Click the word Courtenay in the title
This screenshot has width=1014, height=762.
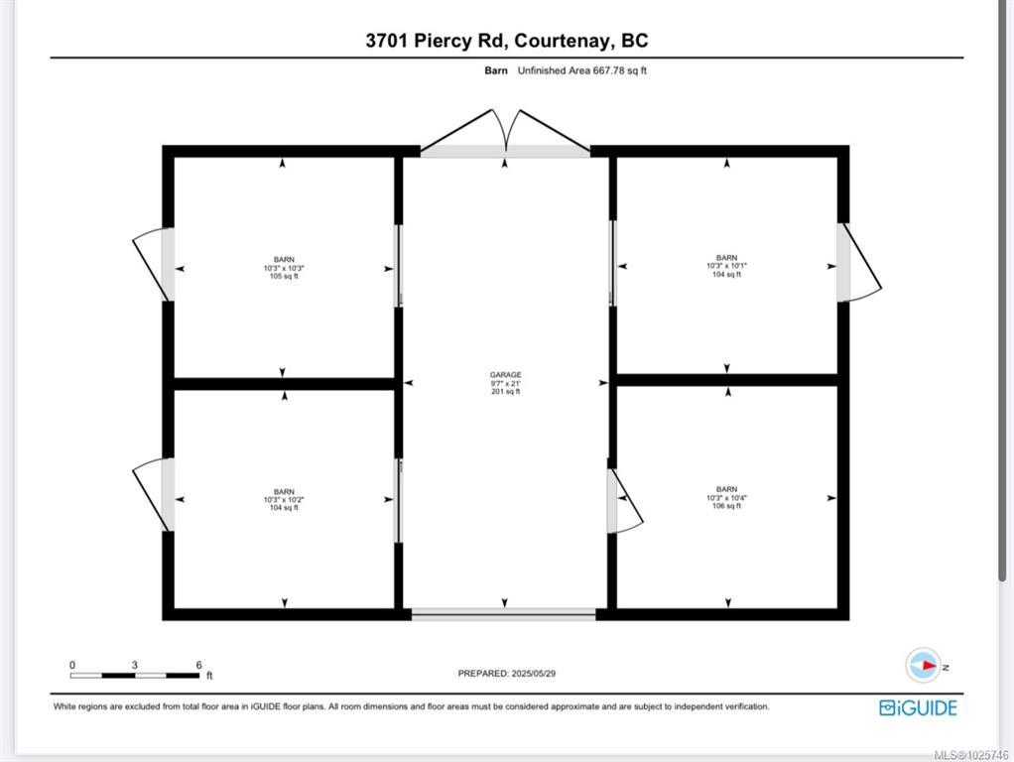click(562, 41)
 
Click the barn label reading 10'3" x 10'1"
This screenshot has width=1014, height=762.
click(726, 266)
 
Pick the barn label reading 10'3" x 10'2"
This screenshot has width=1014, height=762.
click(284, 499)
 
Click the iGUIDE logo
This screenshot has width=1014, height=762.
click(918, 707)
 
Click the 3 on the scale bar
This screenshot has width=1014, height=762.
click(135, 665)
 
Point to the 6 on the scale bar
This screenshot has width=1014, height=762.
click(199, 665)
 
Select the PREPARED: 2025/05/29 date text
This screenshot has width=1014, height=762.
click(506, 674)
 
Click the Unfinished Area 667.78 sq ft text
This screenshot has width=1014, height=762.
click(582, 70)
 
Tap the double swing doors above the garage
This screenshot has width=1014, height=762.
click(505, 133)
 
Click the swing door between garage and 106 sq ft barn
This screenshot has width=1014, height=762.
click(624, 500)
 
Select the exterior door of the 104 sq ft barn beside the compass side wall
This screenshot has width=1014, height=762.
click(858, 262)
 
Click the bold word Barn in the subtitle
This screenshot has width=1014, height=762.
click(496, 70)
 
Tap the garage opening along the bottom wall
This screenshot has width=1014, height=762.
click(504, 614)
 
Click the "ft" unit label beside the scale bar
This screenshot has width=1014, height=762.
click(209, 676)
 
